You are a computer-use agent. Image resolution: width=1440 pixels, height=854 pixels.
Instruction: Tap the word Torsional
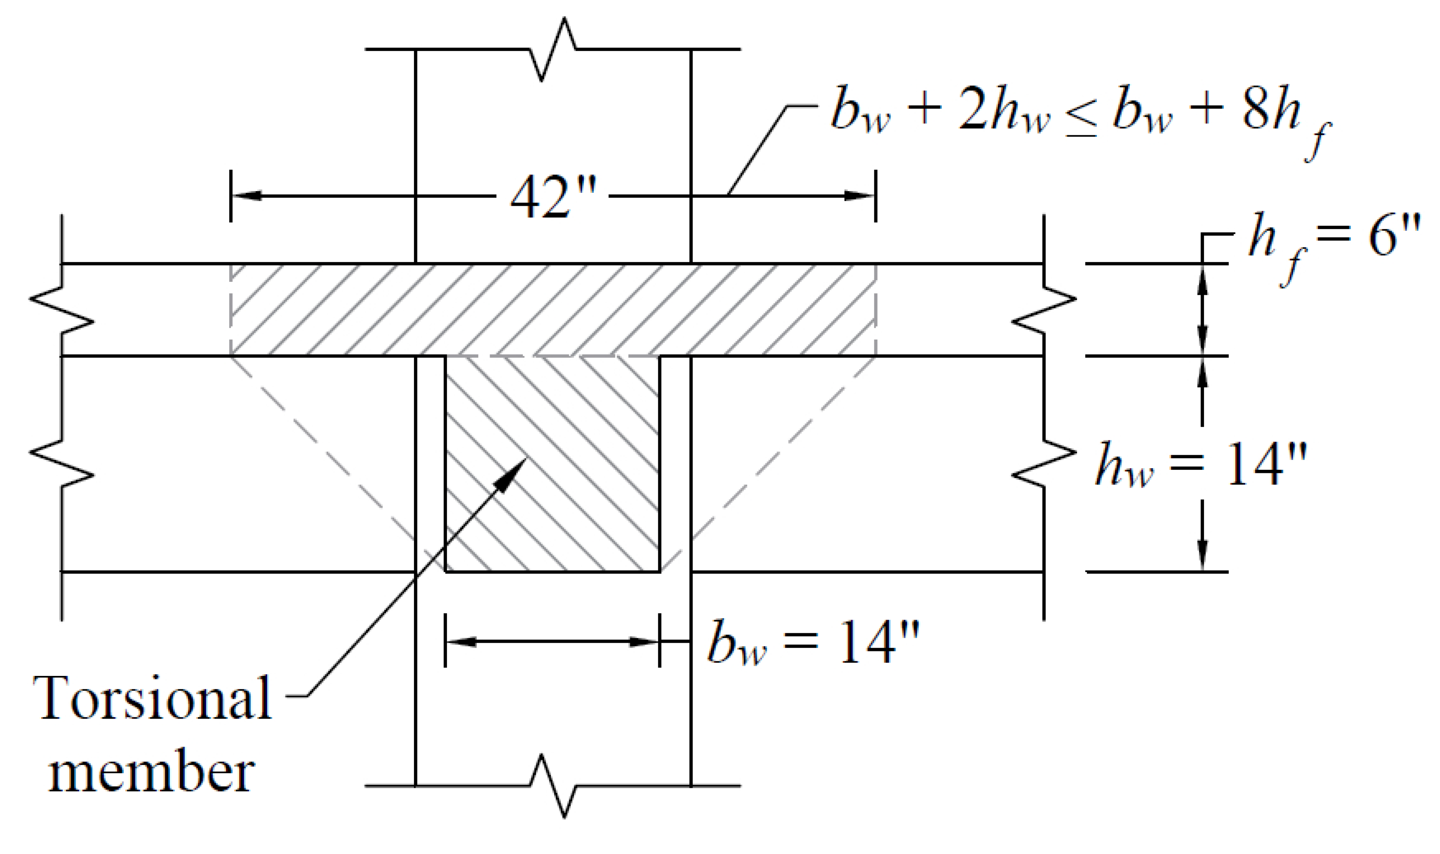tap(152, 697)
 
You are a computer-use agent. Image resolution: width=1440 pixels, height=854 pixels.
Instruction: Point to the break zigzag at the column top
tap(553, 49)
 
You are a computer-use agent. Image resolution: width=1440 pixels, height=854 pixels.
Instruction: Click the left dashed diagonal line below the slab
tap(322, 449)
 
